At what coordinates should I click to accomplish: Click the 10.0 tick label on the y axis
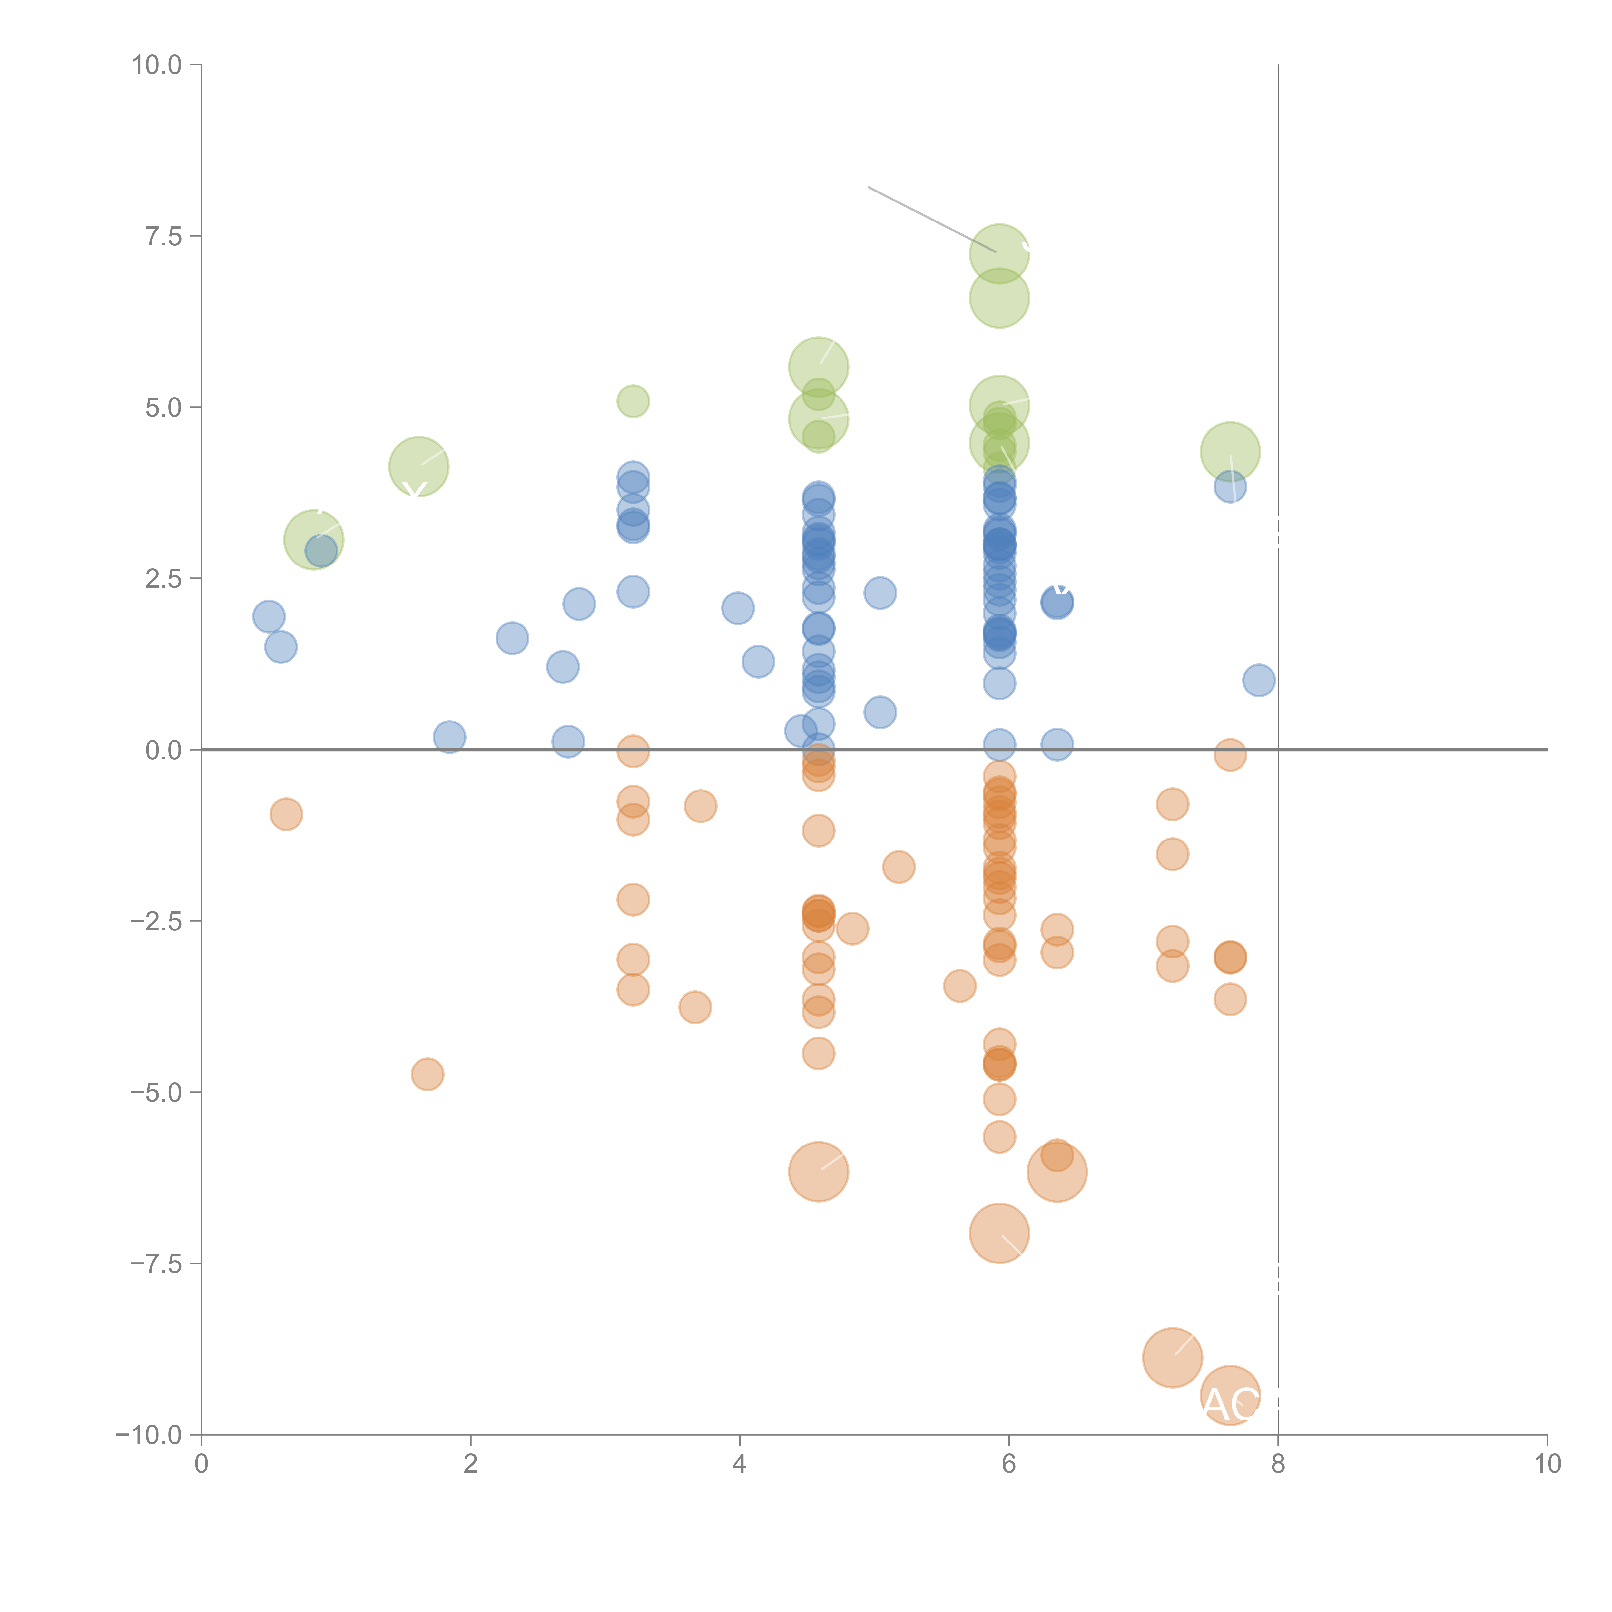(157, 65)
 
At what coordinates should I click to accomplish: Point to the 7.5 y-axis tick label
(163, 236)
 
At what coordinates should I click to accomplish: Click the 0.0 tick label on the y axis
(163, 750)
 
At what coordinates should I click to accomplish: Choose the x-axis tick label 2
(471, 1463)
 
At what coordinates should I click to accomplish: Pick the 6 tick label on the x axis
(1009, 1463)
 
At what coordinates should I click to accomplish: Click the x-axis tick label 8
(1278, 1463)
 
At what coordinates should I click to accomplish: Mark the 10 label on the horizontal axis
(1547, 1463)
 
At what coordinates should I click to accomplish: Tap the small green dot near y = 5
(633, 401)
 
